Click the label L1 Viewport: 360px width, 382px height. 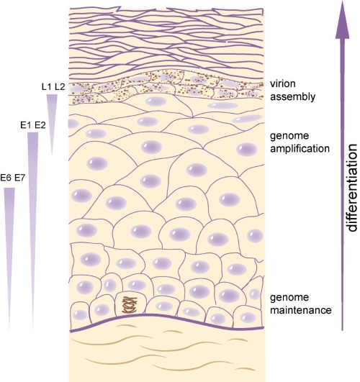47,86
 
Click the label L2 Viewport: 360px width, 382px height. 60,86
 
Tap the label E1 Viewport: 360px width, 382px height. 27,125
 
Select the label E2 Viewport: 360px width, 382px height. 40,125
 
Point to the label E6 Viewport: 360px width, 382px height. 6,178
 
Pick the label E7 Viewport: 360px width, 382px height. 19,178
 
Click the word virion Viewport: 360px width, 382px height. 283,83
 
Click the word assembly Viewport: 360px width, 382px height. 293,97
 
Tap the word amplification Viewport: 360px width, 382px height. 300,149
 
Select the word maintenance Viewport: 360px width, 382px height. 301,310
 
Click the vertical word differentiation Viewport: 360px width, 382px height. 351,188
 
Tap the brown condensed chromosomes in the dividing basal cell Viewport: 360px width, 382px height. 130,305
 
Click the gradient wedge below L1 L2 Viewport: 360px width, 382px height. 52,125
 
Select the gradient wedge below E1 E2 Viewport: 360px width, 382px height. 32,231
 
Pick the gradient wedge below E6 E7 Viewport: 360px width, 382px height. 9,259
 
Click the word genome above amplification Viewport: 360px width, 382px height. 289,137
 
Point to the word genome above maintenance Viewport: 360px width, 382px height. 289,298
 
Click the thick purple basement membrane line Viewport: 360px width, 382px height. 167,317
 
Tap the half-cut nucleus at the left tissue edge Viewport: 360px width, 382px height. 73,124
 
